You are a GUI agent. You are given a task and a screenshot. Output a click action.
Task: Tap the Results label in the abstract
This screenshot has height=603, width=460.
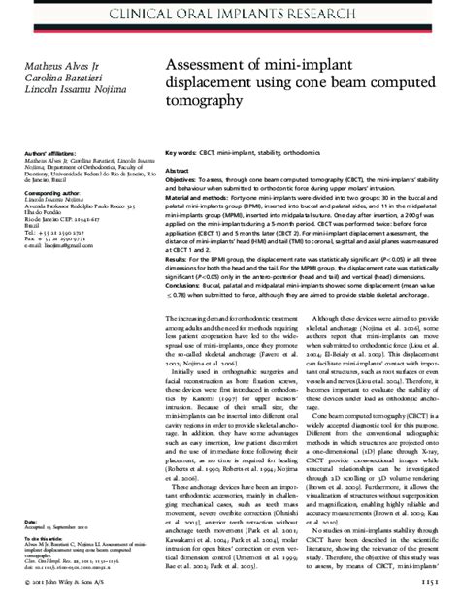point(181,260)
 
